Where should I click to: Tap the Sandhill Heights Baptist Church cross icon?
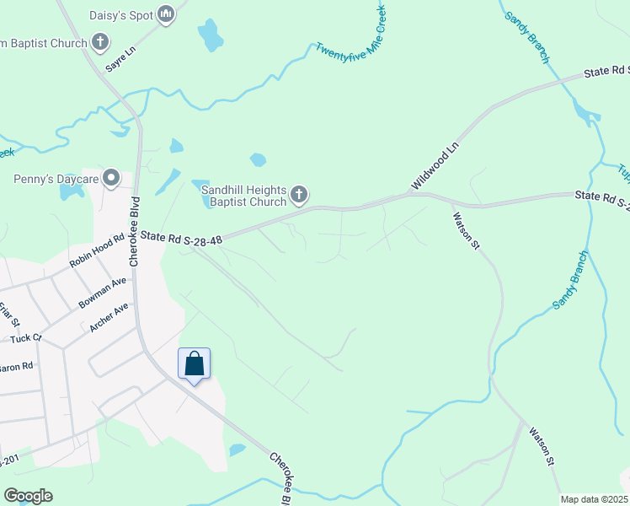[x=298, y=196]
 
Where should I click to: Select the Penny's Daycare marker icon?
[x=110, y=178]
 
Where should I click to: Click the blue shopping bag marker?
[x=194, y=364]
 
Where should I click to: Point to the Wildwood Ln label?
[x=435, y=164]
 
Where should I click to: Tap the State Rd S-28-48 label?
[x=181, y=240]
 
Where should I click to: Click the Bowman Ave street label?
[x=102, y=291]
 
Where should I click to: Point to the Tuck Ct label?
[x=25, y=338]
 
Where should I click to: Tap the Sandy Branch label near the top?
[x=527, y=38]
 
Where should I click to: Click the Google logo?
[x=28, y=496]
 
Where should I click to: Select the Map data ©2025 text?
[x=593, y=499]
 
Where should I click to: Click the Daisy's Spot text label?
[x=122, y=14]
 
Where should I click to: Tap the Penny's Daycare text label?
[x=56, y=179]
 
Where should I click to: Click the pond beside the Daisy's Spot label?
[x=210, y=35]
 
